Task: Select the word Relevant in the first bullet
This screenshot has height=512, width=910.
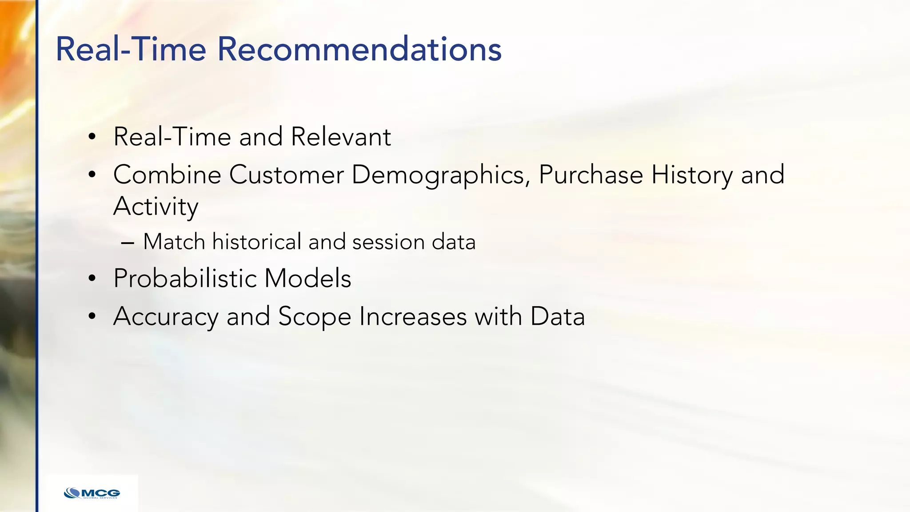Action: click(x=341, y=136)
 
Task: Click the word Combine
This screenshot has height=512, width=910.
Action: click(x=167, y=174)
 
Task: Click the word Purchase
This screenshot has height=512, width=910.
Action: click(x=591, y=174)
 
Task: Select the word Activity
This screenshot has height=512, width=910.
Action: click(x=156, y=207)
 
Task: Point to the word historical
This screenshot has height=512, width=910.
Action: click(x=256, y=242)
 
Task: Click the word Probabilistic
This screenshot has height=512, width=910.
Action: click(x=185, y=278)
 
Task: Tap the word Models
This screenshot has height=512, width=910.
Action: click(x=307, y=278)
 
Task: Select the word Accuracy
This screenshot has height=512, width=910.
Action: click(x=166, y=317)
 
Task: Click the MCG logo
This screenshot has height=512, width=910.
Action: click(x=92, y=493)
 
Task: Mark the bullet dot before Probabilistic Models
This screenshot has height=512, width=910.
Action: click(x=92, y=279)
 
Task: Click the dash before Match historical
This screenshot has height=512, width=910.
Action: click(x=127, y=243)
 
